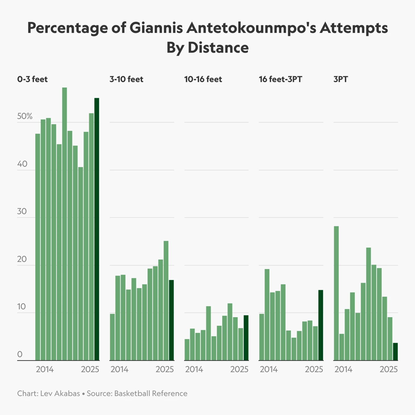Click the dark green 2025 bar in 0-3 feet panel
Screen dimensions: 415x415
coord(97,229)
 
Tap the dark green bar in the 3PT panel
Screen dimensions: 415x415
coord(395,352)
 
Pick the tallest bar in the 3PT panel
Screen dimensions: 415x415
coord(336,293)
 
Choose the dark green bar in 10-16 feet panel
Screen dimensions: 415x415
coord(246,338)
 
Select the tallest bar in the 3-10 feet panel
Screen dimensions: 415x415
coord(166,300)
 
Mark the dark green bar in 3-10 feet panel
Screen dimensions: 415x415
coord(171,320)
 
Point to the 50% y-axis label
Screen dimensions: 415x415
coord(25,116)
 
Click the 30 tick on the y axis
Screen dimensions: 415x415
coord(22,211)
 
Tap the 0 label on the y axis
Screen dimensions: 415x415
coord(20,354)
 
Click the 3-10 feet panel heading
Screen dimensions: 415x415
coord(126,79)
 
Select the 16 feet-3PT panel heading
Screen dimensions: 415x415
coord(280,79)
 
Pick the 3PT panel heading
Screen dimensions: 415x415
coord(341,79)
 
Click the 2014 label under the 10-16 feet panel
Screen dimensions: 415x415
coord(194,369)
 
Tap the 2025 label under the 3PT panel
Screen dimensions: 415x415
coord(389,369)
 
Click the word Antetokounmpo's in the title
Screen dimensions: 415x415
coord(251,28)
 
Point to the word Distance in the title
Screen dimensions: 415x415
coord(218,47)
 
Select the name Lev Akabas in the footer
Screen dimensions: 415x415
coord(60,393)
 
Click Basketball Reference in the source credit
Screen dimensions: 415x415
coord(151,393)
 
